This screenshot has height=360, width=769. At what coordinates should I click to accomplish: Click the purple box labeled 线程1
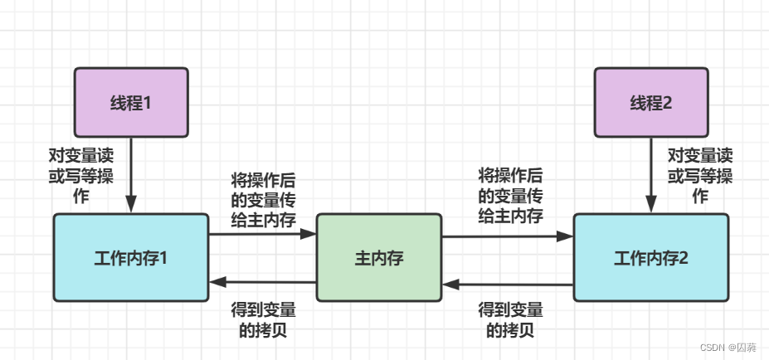pos(130,103)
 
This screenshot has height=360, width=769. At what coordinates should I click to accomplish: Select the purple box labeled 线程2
pos(651,103)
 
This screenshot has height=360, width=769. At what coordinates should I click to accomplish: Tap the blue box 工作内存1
pos(130,257)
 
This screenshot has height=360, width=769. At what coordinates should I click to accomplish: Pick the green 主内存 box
pos(378,258)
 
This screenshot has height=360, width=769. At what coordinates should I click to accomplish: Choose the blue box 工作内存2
pos(650,257)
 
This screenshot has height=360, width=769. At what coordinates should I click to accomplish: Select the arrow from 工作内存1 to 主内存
pos(262,235)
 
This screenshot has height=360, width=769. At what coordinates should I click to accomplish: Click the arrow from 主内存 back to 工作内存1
pos(262,282)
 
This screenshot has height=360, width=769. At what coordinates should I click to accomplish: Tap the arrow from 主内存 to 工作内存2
pos(507,236)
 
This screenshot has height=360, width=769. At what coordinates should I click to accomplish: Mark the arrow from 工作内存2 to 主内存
pos(507,285)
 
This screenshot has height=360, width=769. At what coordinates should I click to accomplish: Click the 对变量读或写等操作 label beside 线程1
pos(80,176)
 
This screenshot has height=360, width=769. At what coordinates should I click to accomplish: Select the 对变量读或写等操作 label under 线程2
pos(700,176)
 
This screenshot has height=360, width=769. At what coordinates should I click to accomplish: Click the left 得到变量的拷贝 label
pos(262,319)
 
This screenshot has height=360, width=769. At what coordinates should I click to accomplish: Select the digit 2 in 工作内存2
pos(684,258)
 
